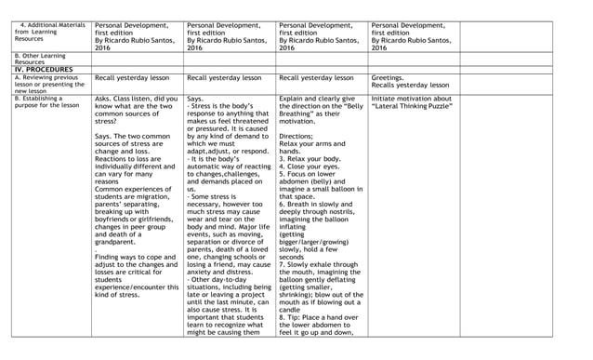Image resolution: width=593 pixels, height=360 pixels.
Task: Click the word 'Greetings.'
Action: [x=388, y=78]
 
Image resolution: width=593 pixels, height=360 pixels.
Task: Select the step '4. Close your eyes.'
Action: [x=311, y=168]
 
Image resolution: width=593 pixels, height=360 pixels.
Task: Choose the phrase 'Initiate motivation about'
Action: [x=411, y=98]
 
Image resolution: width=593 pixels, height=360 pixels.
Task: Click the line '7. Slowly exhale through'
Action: [x=319, y=265]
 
